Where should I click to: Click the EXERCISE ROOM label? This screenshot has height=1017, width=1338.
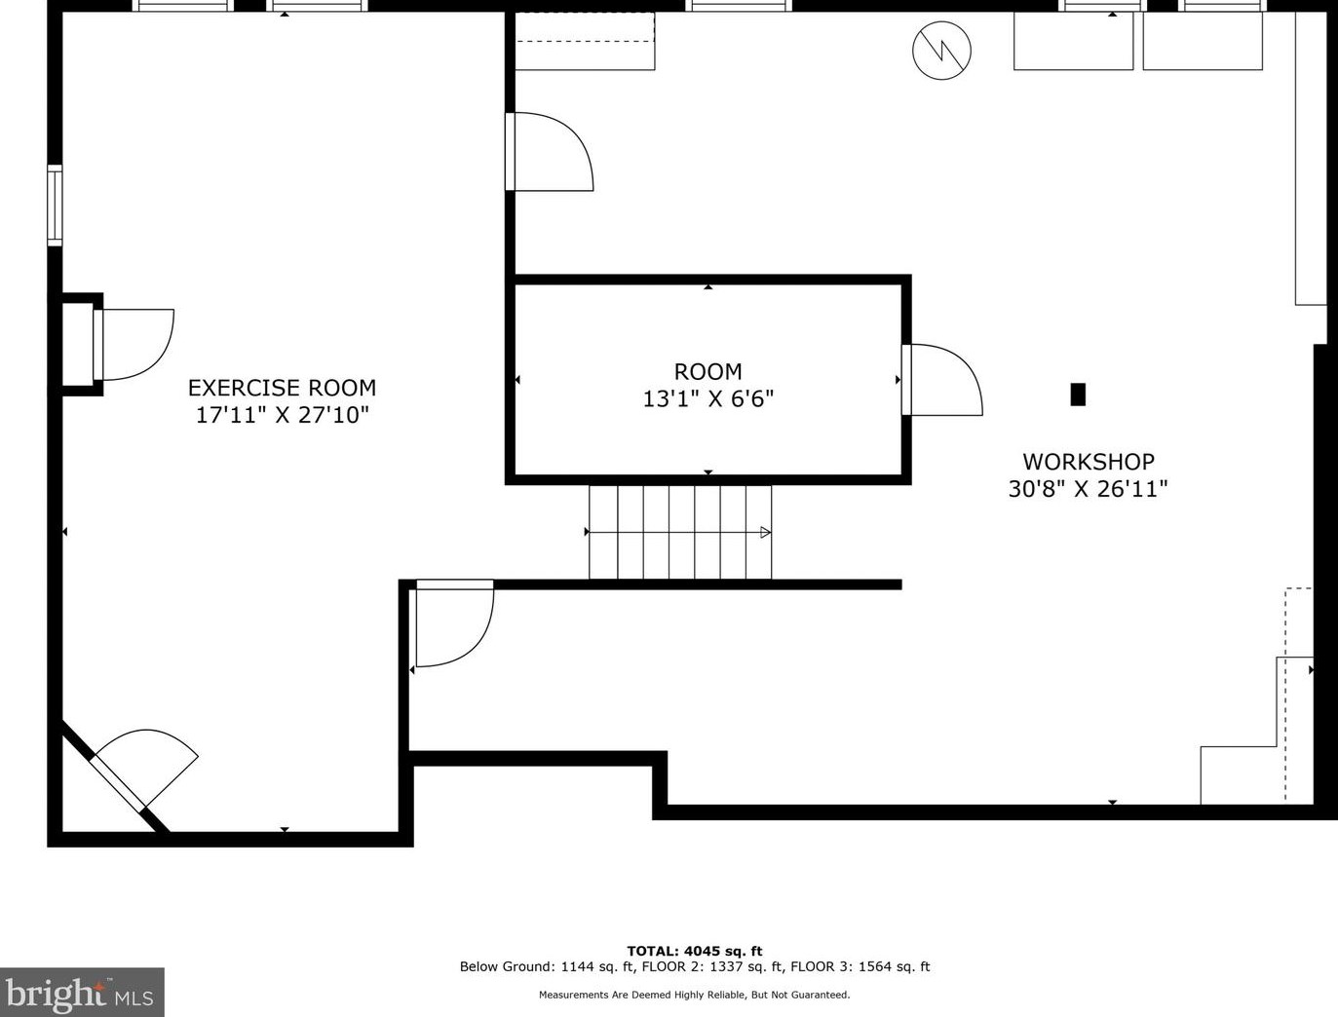282,388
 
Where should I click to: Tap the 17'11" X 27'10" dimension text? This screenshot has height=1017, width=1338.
283,416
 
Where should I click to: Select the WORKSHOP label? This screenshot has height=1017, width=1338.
1089,462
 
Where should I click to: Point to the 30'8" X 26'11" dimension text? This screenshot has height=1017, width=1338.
1089,489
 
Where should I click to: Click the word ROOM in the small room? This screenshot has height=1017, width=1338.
707,372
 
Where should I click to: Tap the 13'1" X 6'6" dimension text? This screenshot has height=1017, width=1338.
707,399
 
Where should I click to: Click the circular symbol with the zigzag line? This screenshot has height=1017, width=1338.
941,50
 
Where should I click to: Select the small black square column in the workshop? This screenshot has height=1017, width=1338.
1078,395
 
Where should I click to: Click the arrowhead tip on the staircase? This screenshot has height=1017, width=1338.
770,533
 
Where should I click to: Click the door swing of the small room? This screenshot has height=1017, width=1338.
941,380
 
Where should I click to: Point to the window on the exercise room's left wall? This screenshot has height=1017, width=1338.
55,206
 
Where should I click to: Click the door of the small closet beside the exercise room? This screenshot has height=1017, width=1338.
133,345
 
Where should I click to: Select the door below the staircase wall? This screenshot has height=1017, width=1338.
454,622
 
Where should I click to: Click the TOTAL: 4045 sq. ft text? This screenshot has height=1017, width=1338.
694,951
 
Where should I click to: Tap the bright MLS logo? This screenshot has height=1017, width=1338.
82,992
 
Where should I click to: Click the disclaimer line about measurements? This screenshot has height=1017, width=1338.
694,996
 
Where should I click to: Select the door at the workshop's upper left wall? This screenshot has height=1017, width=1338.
549,151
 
